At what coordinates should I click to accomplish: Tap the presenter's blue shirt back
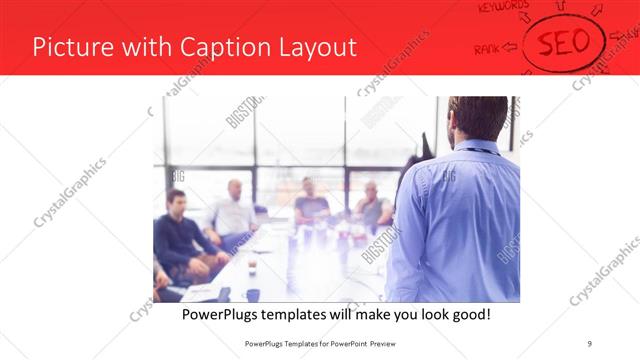tap(460, 220)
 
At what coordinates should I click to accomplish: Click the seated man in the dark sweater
tap(178, 235)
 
